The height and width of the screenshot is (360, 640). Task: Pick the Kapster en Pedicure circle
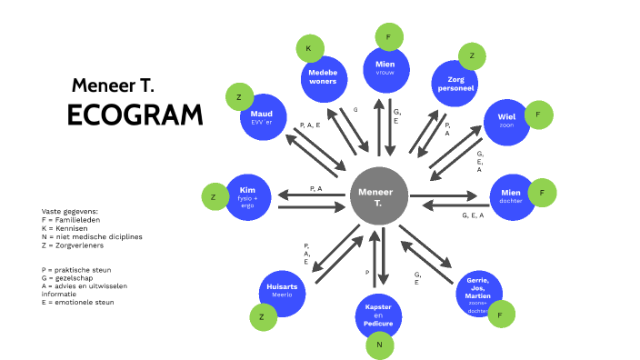pos(378,315)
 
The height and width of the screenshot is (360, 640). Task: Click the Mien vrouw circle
pos(385,69)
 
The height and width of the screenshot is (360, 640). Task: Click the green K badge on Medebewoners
pos(309,48)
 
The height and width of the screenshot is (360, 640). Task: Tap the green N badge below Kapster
pos(380,345)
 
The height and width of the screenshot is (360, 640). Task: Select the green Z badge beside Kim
pos(214,197)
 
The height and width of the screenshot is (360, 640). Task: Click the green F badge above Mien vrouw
pos(389,37)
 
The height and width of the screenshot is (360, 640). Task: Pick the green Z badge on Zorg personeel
pos(472,55)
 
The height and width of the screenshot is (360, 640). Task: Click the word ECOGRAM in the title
pos(135,115)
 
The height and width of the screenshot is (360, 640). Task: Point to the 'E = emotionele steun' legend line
pos(78,302)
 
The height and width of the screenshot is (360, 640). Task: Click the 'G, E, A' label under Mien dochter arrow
pos(473,215)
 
